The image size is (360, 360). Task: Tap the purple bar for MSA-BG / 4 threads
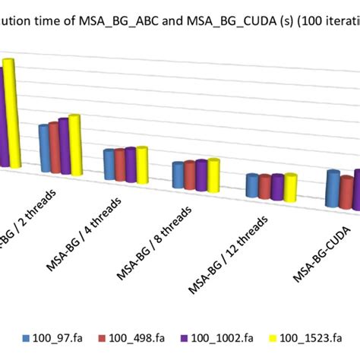click(x=130, y=166)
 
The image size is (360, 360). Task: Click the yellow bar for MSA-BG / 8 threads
click(x=213, y=175)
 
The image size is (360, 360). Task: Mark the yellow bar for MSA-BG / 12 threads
click(x=289, y=188)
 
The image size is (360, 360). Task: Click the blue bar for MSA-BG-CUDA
click(x=332, y=188)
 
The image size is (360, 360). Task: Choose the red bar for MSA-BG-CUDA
click(x=346, y=192)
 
